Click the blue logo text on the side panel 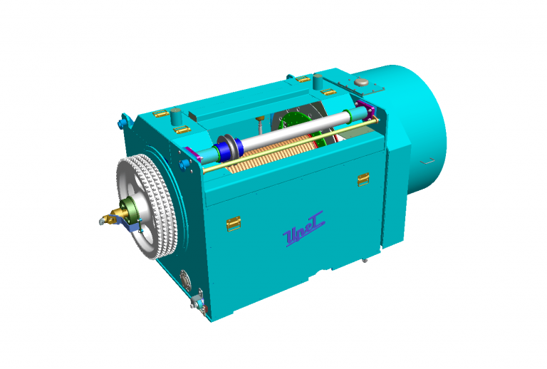click(x=304, y=235)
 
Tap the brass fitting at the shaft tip click(x=109, y=217)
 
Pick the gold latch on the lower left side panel click(x=231, y=224)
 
